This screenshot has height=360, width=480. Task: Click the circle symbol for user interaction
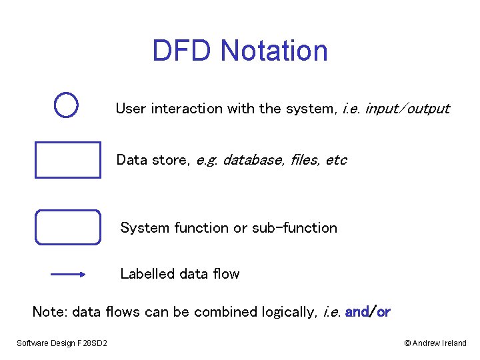point(67,105)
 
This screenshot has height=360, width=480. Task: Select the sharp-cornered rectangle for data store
point(67,160)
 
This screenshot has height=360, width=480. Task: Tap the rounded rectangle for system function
point(67,227)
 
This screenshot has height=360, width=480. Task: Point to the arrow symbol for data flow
point(67,274)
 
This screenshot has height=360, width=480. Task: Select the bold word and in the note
point(357,312)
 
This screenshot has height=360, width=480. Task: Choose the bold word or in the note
point(383,312)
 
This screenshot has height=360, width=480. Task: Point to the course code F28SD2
point(99,343)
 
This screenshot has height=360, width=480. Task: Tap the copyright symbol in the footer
point(407,343)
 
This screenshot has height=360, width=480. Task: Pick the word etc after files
point(337,160)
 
